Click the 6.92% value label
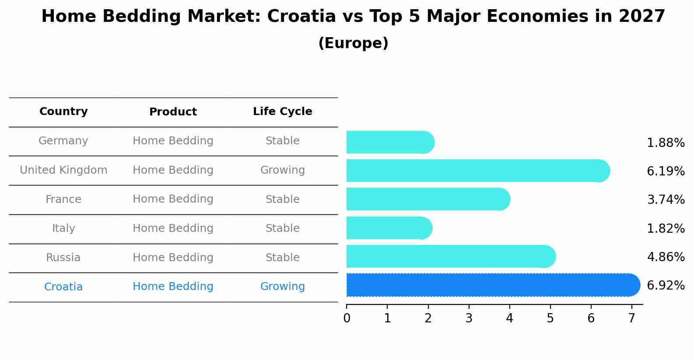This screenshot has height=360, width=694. click(x=665, y=286)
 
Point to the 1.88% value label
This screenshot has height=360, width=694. click(x=665, y=143)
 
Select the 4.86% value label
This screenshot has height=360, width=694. click(x=665, y=257)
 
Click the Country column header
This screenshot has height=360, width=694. click(x=63, y=112)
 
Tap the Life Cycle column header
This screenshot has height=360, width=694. click(x=282, y=112)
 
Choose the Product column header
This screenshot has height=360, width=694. click(x=173, y=112)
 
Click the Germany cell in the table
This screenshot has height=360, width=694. click(x=63, y=141)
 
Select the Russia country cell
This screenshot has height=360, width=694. click(x=63, y=258)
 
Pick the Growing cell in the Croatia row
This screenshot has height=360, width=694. click(x=282, y=287)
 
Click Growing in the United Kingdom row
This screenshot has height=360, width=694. click(x=282, y=170)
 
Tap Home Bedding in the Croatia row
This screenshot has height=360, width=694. click(x=173, y=287)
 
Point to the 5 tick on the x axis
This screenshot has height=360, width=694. click(x=550, y=318)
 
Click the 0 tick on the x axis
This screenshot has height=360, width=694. click(x=347, y=318)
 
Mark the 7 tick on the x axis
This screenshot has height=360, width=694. click(x=631, y=318)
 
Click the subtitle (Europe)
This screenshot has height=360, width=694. click(x=353, y=43)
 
